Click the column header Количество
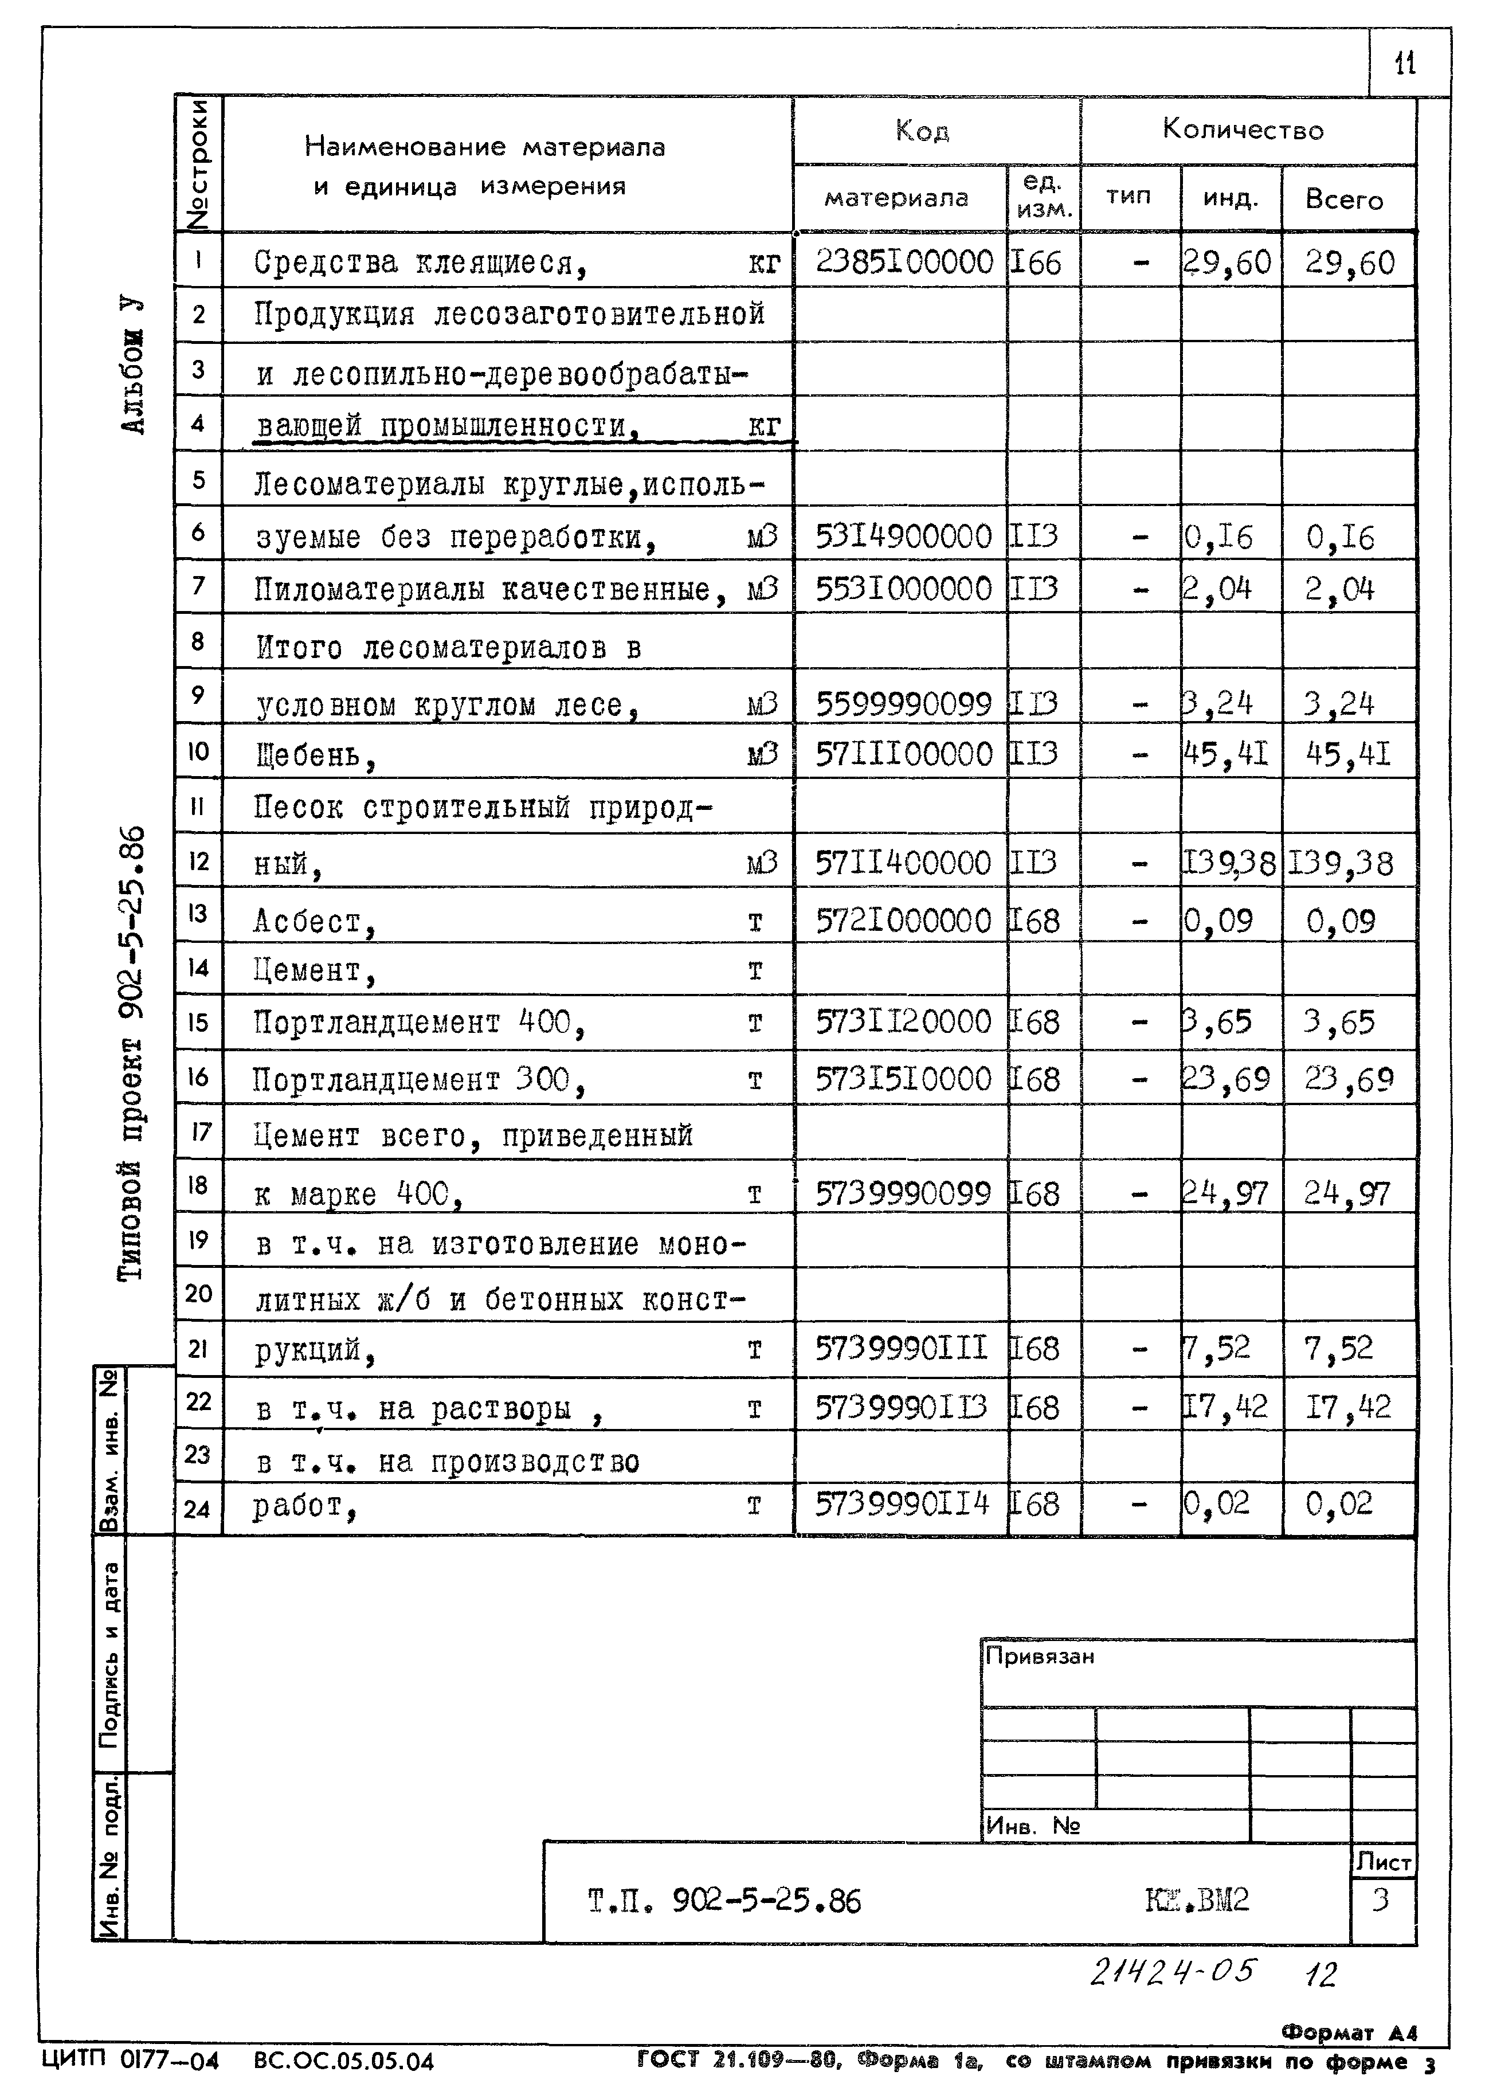(x=1243, y=130)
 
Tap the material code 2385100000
(x=904, y=263)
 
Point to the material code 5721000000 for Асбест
(x=903, y=921)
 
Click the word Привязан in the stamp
(x=1039, y=1656)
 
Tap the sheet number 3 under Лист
(x=1380, y=1898)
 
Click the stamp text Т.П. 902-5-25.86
(x=724, y=1901)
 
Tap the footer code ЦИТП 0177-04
(x=130, y=2061)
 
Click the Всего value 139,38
(x=1341, y=863)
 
